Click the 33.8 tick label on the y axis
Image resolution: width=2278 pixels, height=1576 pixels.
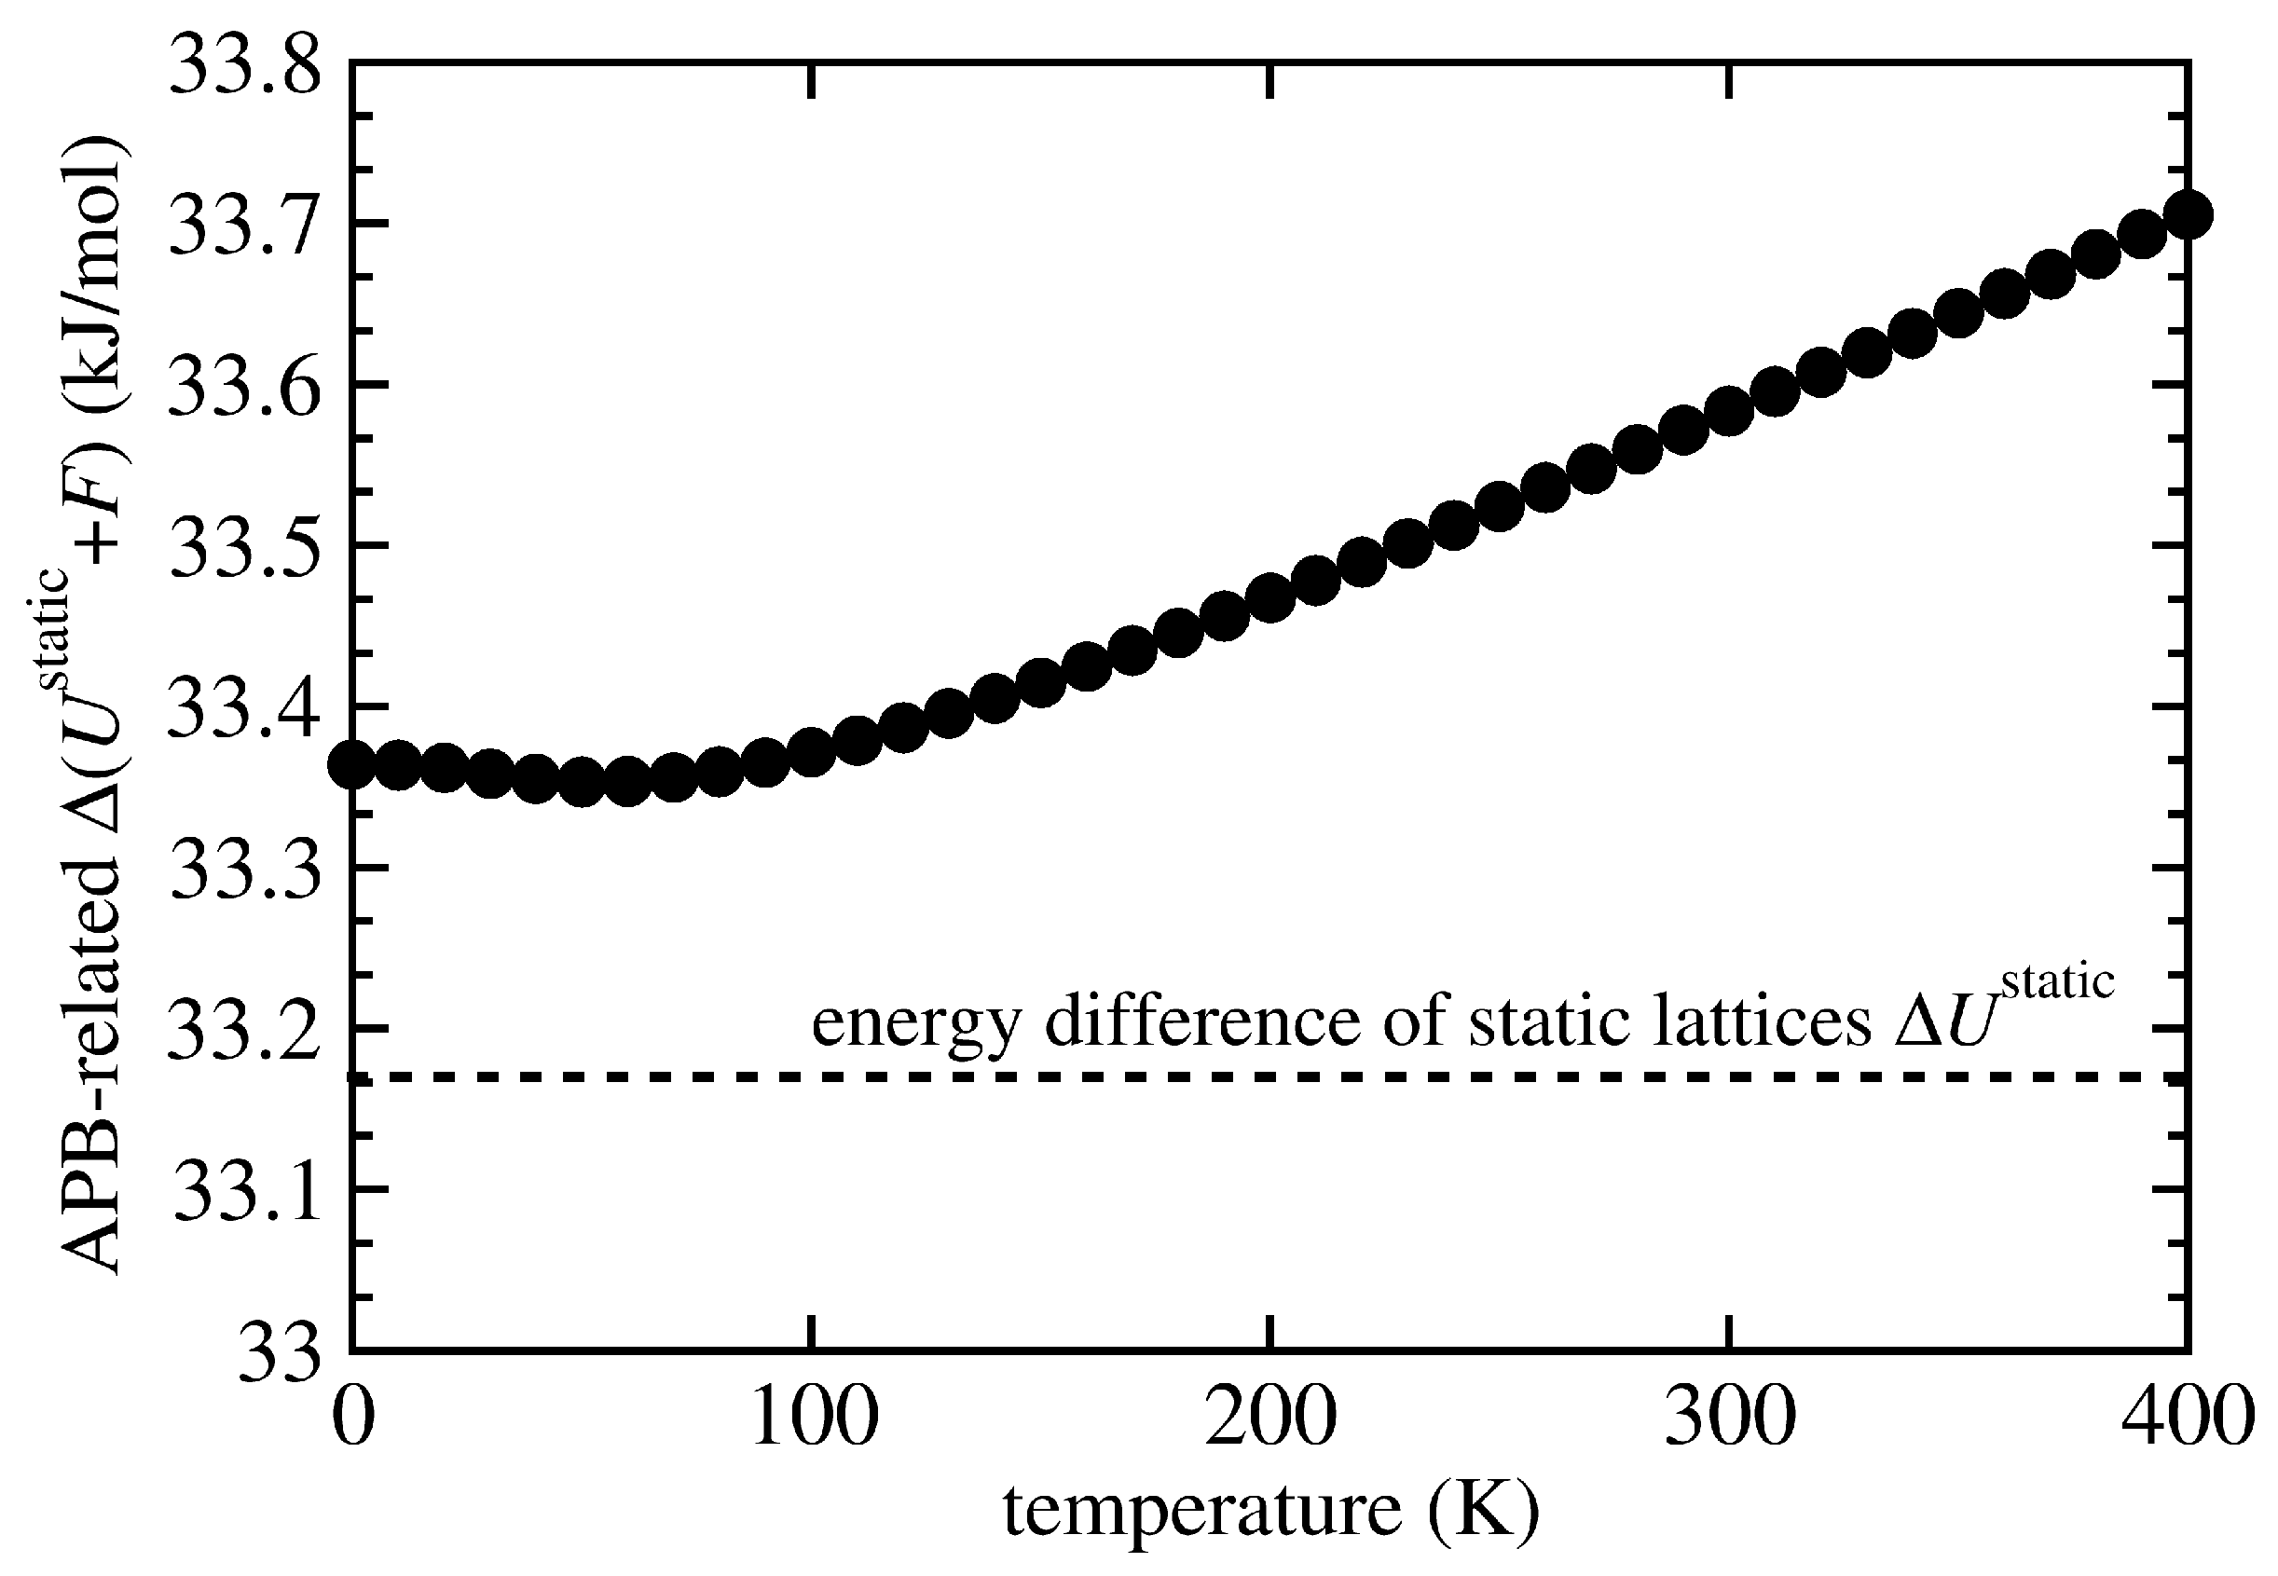(x=245, y=64)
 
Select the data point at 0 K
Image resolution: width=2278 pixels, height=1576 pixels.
(x=351, y=764)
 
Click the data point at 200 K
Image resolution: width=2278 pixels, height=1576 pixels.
(x=1270, y=598)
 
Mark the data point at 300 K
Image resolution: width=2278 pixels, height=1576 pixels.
(x=1729, y=410)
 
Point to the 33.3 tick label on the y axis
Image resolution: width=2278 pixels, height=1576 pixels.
(x=245, y=869)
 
